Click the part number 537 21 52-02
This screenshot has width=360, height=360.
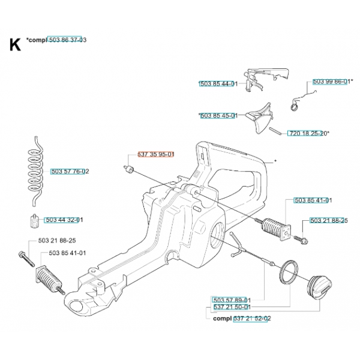[x=251, y=319]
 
